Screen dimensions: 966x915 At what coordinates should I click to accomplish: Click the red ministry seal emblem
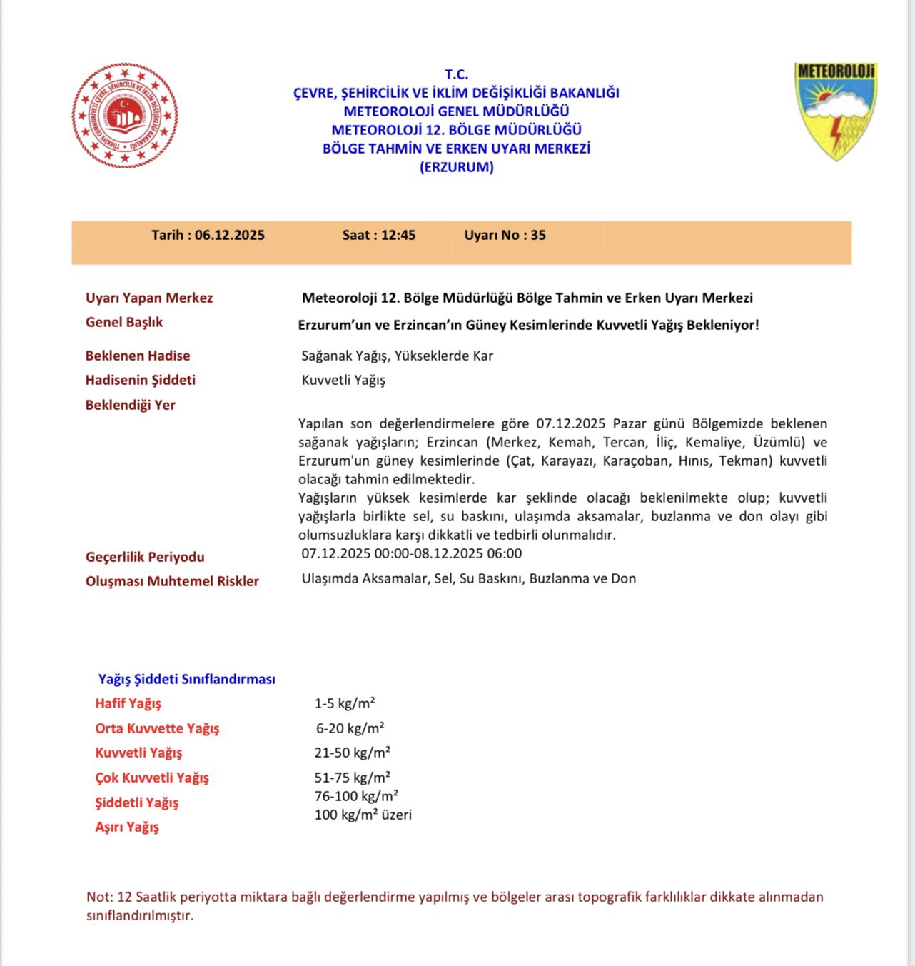point(125,116)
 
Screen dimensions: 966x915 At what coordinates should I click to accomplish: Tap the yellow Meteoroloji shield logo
point(836,110)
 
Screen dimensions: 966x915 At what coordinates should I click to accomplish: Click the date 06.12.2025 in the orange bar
point(230,236)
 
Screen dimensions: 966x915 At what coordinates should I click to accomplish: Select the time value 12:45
point(398,236)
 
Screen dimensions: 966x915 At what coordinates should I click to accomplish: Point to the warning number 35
point(538,236)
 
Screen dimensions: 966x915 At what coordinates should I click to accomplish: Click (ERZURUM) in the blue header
point(457,168)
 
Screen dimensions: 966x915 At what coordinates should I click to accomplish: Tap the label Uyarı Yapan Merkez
point(149,298)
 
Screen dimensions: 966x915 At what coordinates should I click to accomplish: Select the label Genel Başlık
point(124,322)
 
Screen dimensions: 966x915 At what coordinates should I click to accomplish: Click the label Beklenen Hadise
point(138,356)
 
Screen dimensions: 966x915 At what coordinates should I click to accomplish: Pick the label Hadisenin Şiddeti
point(141,380)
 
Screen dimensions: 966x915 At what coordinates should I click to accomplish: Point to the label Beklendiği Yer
point(131,405)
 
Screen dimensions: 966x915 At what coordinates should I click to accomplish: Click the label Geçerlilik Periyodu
point(145,557)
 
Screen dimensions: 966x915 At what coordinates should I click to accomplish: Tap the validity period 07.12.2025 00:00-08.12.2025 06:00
point(412,553)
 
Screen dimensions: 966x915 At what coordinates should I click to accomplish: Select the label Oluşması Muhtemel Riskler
point(172,581)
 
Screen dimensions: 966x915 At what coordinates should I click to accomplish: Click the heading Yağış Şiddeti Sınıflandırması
point(187,679)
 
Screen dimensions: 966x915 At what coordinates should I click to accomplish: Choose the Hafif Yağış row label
point(128,703)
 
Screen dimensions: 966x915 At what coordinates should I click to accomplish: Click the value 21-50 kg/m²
point(353,753)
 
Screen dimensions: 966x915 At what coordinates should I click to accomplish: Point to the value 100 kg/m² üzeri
point(363,815)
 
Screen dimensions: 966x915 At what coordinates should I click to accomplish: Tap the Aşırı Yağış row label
point(127,827)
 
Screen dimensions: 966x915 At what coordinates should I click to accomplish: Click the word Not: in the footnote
point(98,897)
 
